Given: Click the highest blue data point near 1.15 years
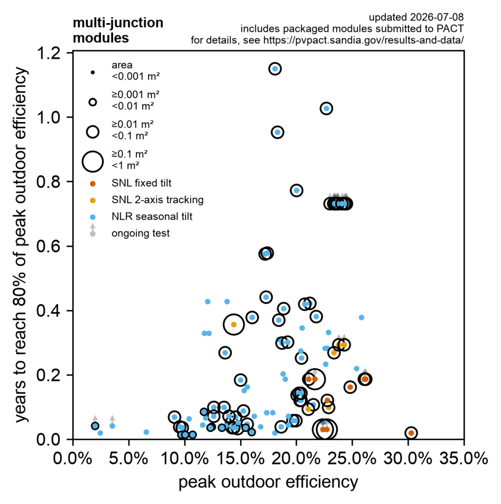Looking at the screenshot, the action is pyautogui.click(x=275, y=69).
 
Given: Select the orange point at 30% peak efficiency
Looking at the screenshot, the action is pyautogui.click(x=411, y=433).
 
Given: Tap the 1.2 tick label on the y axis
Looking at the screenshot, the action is pyautogui.click(x=49, y=53).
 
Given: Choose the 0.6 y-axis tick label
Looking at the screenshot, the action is pyautogui.click(x=49, y=247).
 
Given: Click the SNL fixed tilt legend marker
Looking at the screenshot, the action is pyautogui.click(x=93, y=184).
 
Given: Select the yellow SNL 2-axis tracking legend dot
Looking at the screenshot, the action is pyautogui.click(x=93, y=201).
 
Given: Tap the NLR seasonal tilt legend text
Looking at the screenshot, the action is pyautogui.click(x=152, y=217).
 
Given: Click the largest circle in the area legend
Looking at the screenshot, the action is pyautogui.click(x=93, y=161).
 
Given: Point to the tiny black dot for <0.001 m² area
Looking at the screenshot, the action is pyautogui.click(x=93, y=73).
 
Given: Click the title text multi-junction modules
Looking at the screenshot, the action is pyautogui.click(x=118, y=30).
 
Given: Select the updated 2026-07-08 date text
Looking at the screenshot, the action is pyautogui.click(x=416, y=17).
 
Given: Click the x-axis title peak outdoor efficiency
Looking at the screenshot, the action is pyautogui.click(x=268, y=482).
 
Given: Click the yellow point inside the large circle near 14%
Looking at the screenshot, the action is pyautogui.click(x=234, y=325).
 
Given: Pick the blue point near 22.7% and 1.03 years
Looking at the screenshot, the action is pyautogui.click(x=326, y=109).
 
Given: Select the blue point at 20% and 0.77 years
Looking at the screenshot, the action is pyautogui.click(x=297, y=190).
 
